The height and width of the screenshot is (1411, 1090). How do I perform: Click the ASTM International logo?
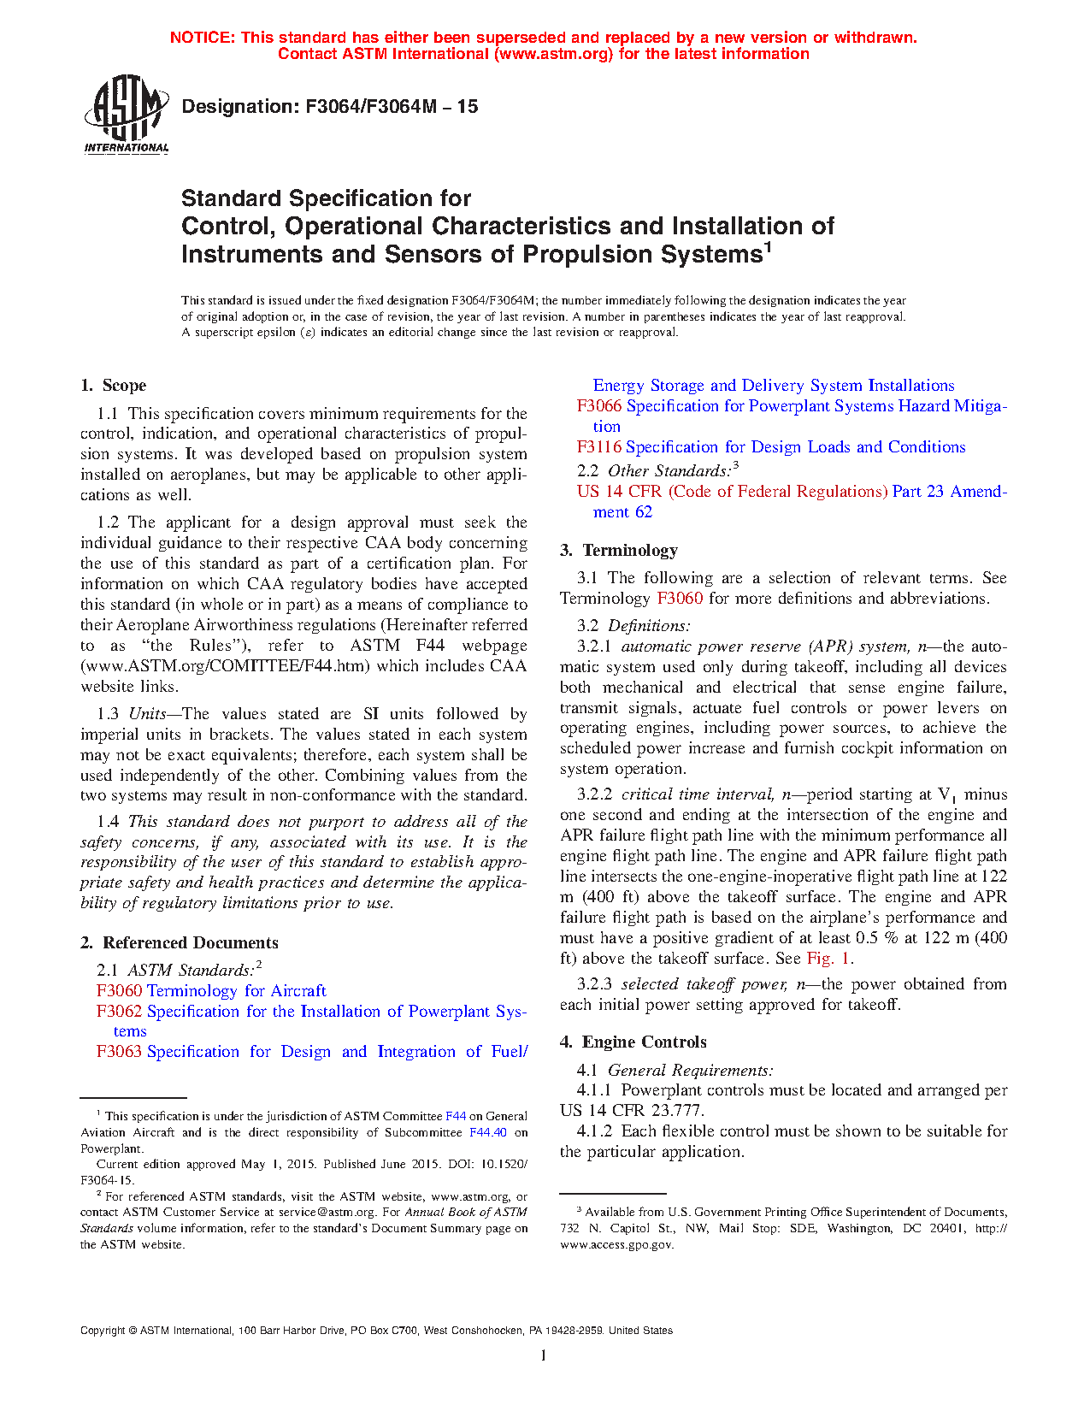pos(126,114)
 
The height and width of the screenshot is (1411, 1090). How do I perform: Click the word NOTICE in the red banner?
pos(202,38)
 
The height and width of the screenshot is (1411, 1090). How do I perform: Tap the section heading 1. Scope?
pos(113,386)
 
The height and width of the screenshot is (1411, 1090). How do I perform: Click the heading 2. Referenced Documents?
pos(180,943)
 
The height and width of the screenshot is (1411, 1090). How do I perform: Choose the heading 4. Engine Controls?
pos(633,1042)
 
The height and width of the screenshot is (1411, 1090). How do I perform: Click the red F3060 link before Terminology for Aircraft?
pos(119,991)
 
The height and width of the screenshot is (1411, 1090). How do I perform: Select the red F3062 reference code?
pos(119,1012)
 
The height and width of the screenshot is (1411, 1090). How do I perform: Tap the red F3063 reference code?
pos(119,1052)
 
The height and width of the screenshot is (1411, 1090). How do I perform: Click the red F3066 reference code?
pos(599,406)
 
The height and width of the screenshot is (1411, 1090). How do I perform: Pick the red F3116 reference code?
pos(599,447)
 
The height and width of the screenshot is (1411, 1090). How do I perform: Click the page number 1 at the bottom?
pos(544,1355)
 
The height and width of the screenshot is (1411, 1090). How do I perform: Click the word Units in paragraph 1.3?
pos(147,714)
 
